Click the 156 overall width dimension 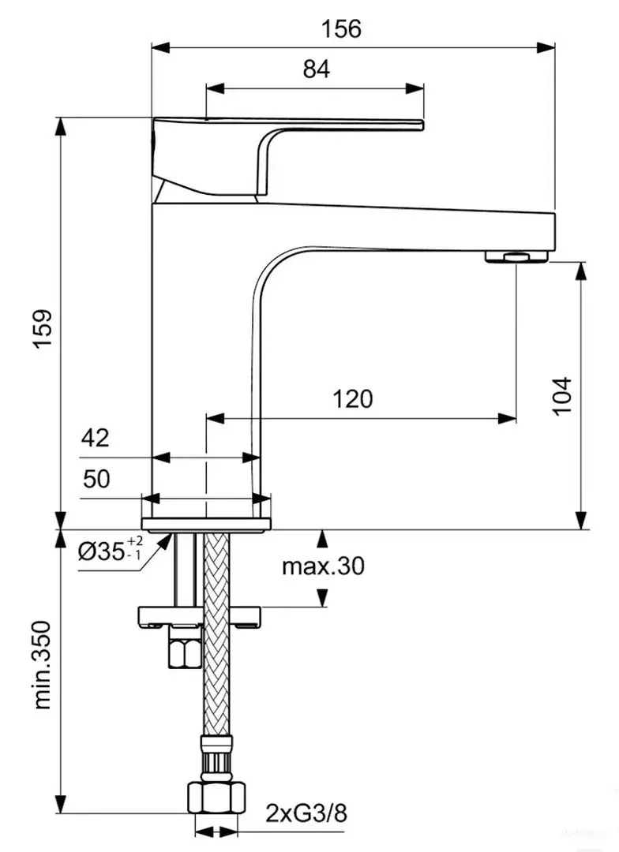(341, 29)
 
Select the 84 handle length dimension (316, 69)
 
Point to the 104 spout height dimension (561, 394)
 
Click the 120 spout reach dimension (352, 399)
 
